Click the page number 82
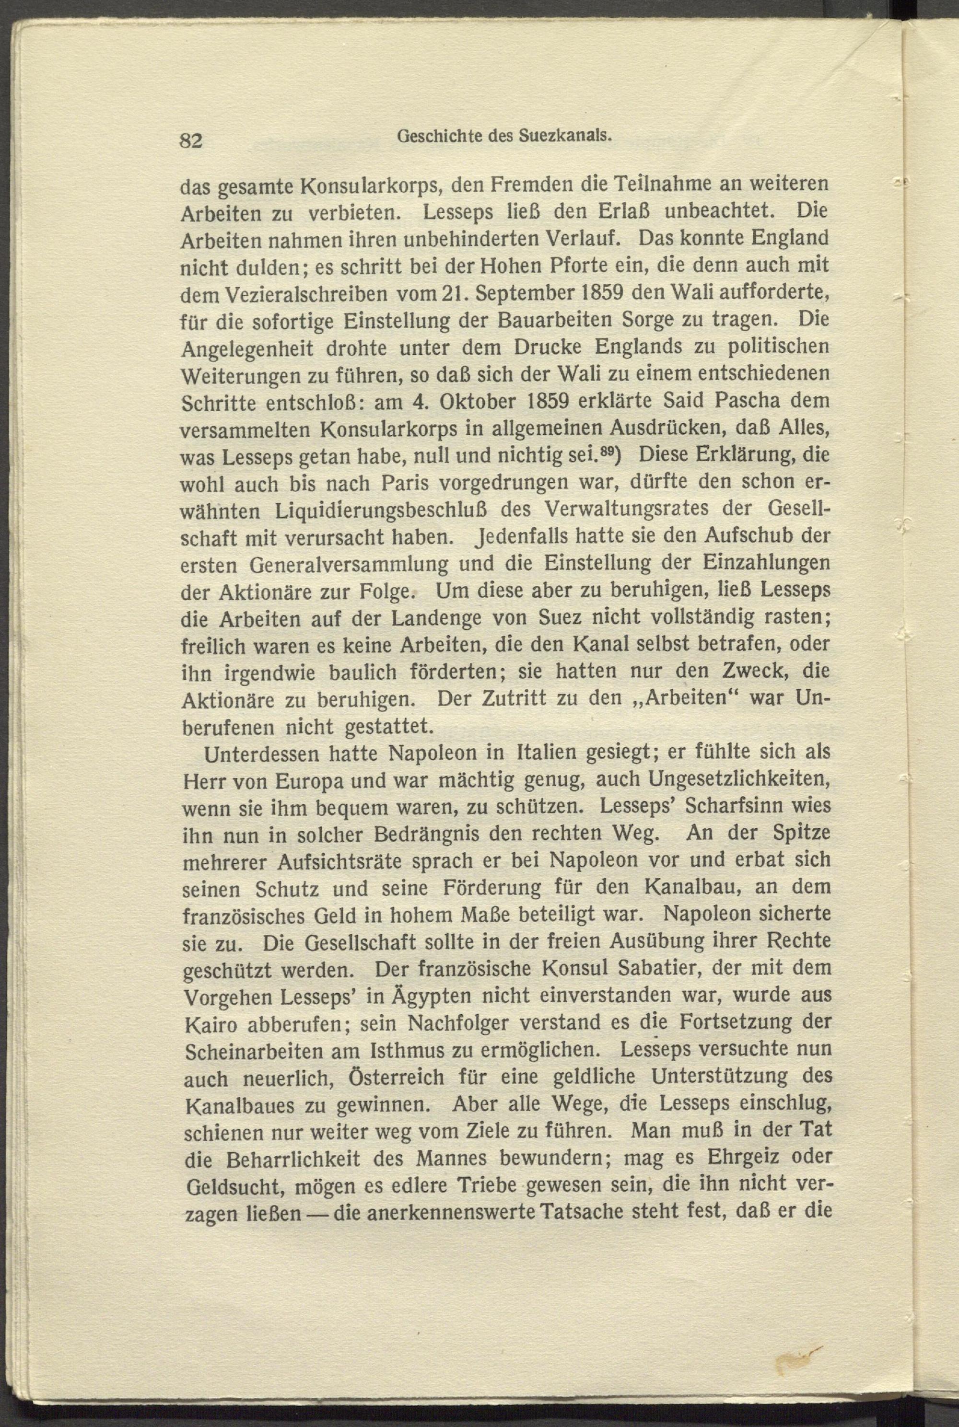tap(190, 140)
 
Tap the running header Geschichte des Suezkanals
tap(504, 136)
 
